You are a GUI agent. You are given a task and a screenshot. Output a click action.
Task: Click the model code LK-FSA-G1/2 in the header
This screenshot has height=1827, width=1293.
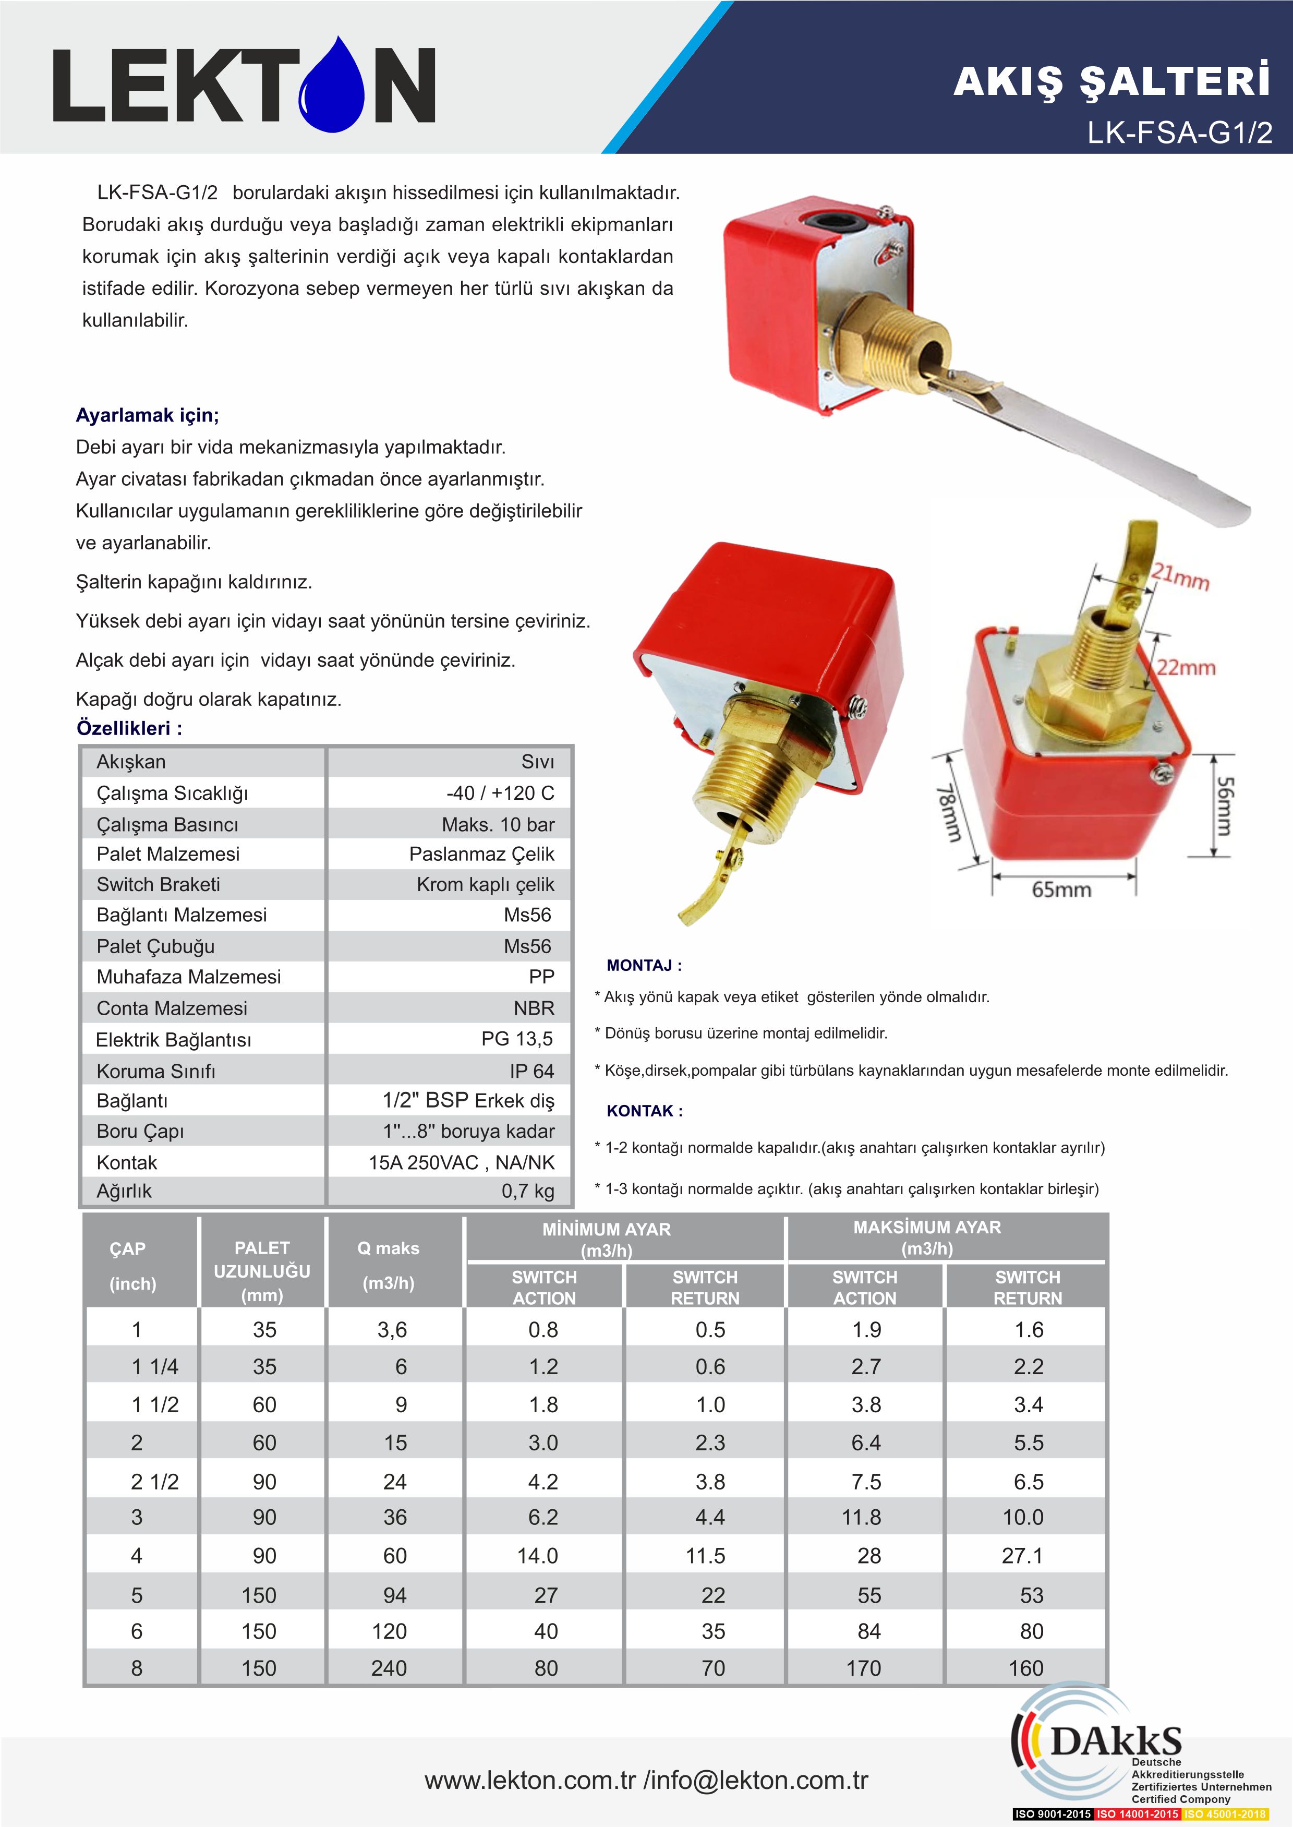click(1179, 132)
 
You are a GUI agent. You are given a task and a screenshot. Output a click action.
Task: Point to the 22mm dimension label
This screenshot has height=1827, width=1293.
click(1186, 667)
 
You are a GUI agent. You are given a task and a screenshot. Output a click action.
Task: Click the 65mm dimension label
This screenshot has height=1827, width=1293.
click(1061, 890)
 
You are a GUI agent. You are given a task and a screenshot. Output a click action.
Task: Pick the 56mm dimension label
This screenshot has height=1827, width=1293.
click(1224, 807)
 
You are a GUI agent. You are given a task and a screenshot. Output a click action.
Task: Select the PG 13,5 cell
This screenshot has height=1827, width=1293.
click(517, 1039)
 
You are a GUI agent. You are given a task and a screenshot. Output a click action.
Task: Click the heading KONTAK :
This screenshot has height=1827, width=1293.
click(644, 1110)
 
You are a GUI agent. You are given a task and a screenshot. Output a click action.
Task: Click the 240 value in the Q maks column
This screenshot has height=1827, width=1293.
click(389, 1668)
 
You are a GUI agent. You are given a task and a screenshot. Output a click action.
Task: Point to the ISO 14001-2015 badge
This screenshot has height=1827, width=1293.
click(1137, 1813)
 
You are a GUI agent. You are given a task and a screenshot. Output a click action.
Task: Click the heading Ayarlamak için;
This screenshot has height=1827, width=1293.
click(147, 415)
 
